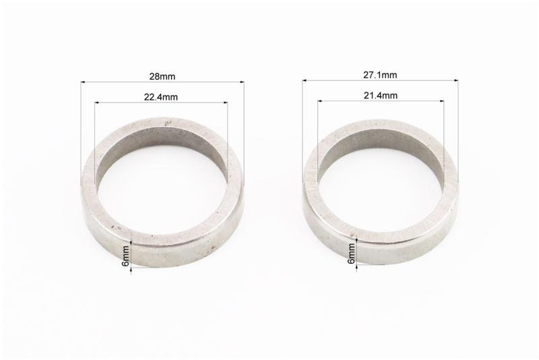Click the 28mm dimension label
tap(162, 76)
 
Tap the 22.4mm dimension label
tap(161, 97)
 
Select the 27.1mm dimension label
tap(380, 75)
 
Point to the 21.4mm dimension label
tap(381, 95)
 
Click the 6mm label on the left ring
tap(126, 256)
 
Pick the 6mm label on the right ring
tap(351, 253)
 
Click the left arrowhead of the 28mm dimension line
tap(83, 82)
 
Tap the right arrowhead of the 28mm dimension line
tap(242, 82)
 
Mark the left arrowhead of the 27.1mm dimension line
tap(305, 81)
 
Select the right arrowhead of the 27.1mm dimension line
tap(457, 81)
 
